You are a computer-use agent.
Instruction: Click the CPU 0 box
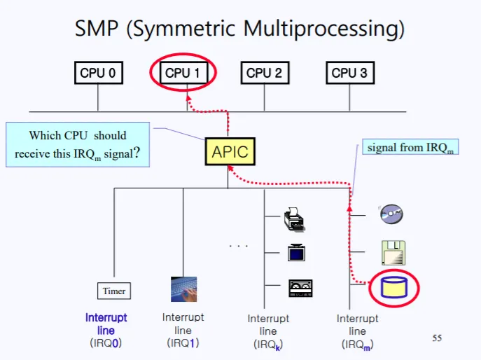97,74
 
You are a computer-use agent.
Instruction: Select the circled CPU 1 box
183,74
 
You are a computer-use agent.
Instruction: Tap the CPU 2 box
264,74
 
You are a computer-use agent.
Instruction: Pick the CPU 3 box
349,74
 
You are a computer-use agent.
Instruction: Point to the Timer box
113,291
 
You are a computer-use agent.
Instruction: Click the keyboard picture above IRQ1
183,289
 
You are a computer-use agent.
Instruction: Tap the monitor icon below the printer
295,251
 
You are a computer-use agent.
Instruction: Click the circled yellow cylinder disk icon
392,288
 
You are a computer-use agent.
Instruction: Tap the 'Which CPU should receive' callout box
78,145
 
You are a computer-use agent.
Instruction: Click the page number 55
437,338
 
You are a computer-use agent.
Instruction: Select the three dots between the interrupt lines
239,247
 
